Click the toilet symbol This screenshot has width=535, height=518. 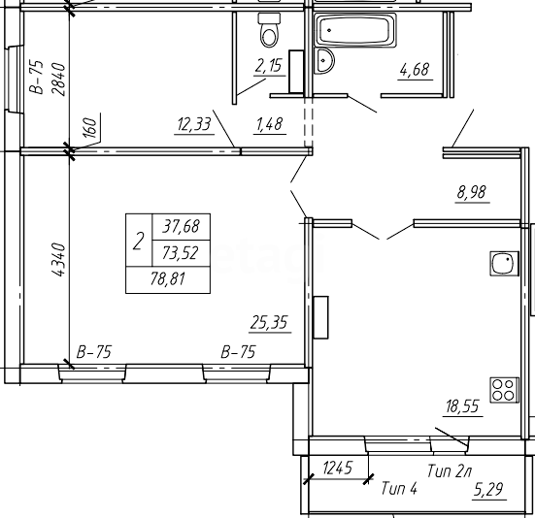click(x=270, y=30)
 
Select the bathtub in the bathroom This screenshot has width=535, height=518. click(x=355, y=30)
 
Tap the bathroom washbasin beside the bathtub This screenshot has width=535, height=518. click(x=323, y=61)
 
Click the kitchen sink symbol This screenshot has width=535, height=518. click(x=504, y=264)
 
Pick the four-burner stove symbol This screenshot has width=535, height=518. click(x=504, y=390)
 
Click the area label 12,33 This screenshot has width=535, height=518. click(x=194, y=124)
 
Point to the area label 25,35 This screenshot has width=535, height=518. click(x=269, y=322)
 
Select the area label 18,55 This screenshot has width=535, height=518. click(x=463, y=406)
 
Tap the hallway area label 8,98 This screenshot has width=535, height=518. click(x=472, y=192)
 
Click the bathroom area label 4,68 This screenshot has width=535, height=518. click(x=415, y=70)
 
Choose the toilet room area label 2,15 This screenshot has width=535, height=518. click(x=269, y=66)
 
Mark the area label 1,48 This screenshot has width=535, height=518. click(x=270, y=124)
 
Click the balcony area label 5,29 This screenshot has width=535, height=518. click(x=488, y=490)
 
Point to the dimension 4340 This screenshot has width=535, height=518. click(x=58, y=259)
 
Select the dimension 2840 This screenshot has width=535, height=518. click(x=58, y=80)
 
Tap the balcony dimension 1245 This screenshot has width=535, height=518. click(x=338, y=468)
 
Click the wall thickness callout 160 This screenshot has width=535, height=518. click(x=90, y=128)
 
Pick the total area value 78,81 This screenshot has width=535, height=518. click(x=168, y=279)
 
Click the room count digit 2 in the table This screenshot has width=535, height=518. click(x=138, y=241)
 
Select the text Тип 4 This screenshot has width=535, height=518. click(x=399, y=488)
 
